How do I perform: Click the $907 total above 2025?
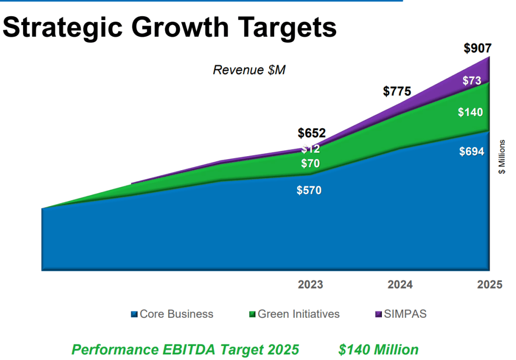[x=477, y=49]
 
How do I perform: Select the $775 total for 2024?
[x=397, y=91]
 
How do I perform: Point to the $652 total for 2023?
[x=311, y=133]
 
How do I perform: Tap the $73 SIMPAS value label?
[x=472, y=81]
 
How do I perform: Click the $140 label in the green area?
[x=470, y=112]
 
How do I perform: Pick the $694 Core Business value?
[x=472, y=152]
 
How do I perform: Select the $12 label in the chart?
[x=310, y=149]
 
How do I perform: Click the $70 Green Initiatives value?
[x=310, y=164]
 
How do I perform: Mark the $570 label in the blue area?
[x=309, y=190]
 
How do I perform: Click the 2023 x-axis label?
[x=310, y=285]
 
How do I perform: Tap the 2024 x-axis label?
[x=400, y=285]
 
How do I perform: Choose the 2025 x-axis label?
[x=489, y=285]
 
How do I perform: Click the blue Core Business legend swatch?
[x=134, y=315]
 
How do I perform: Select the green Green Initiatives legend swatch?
[x=252, y=315]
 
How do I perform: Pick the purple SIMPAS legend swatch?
[x=378, y=315]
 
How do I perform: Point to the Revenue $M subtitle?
[x=249, y=70]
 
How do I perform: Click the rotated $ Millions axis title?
[x=502, y=157]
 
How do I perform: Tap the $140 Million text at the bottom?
[x=378, y=349]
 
